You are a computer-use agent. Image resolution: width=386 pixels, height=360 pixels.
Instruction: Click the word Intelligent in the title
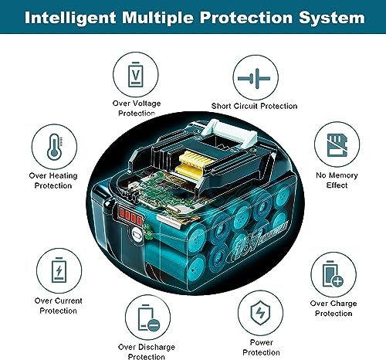pos(70,19)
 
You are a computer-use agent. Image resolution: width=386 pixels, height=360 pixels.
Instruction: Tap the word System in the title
pos(332,19)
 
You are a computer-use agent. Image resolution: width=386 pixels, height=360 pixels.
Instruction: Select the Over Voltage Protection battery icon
pos(136,74)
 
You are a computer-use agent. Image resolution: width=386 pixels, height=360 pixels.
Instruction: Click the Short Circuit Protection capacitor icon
pos(254,78)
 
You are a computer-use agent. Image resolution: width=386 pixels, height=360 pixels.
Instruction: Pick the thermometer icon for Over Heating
pos(54,147)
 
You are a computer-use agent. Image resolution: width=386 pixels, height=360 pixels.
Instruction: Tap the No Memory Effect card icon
pos(337,145)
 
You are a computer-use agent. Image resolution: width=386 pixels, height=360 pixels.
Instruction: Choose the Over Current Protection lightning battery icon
pos(59,270)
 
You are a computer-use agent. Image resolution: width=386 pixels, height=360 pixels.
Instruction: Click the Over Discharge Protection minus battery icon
pos(149,318)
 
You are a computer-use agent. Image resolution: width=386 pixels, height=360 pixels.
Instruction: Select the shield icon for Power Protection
pos(260,313)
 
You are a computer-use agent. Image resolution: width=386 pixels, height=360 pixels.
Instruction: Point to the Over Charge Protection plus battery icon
pos(333,274)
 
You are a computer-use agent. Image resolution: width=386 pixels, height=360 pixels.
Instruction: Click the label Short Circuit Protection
pos(254,106)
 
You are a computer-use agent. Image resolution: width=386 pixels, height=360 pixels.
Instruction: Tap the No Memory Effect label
pos(337,180)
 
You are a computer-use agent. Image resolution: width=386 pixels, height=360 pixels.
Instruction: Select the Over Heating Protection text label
pos(53,181)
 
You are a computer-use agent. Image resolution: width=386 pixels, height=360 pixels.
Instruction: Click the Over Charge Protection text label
pos(334,308)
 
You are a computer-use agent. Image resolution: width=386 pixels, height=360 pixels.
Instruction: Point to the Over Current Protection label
pos(59,306)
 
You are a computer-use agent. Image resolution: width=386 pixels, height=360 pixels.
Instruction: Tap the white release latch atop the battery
pos(229,133)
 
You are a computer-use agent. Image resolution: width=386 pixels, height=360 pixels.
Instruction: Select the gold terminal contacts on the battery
pos(195,163)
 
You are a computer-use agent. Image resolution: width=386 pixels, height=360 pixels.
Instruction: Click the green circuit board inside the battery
pos(164,192)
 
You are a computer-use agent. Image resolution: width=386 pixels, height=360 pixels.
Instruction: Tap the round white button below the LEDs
pos(137,234)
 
